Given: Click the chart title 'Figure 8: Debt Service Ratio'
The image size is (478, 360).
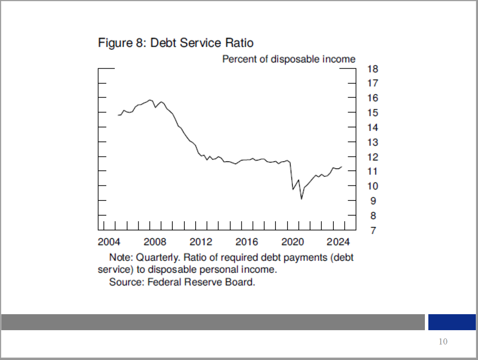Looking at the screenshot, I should point(176,43).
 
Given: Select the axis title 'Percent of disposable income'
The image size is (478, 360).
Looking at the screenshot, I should point(288,59).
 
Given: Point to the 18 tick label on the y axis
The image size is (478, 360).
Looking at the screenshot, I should point(373,69).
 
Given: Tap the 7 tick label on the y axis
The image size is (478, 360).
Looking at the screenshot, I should point(373,230).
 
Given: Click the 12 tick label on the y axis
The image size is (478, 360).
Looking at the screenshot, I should point(373,157).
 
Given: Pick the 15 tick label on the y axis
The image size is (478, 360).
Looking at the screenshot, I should point(373,113).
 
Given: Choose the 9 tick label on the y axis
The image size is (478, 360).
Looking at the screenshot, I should point(373,201).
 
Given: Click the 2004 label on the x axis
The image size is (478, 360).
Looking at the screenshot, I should point(110,241).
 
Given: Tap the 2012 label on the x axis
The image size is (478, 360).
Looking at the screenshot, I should point(201,241).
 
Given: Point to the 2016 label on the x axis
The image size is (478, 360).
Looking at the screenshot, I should point(247,241).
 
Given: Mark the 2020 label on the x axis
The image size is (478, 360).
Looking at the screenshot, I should point(293,241).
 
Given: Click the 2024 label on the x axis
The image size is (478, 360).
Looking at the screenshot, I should point(339,241).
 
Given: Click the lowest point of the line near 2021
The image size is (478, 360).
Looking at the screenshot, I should point(301,198).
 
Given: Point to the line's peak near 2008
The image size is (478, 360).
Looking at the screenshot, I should point(150,100).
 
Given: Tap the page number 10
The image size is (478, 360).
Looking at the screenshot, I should point(443,342).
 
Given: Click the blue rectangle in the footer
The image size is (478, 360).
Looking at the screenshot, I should point(452,322).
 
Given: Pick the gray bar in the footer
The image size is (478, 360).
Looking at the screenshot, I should point(213,322).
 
